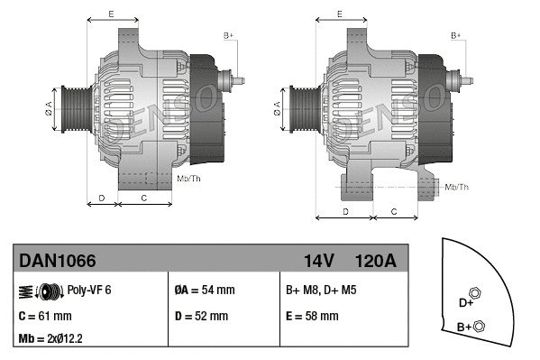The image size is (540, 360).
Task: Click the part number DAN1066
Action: coord(58,262)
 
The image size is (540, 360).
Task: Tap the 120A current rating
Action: coord(376,262)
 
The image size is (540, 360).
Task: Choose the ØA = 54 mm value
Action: coord(204,291)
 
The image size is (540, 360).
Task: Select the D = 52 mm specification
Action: coord(201,316)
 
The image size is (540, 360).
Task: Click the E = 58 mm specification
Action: coord(312,316)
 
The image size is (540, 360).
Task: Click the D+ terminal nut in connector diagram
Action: coord(476,294)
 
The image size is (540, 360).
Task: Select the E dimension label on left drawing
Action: coord(110,14)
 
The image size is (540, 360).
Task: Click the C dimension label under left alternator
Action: coord(144,197)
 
